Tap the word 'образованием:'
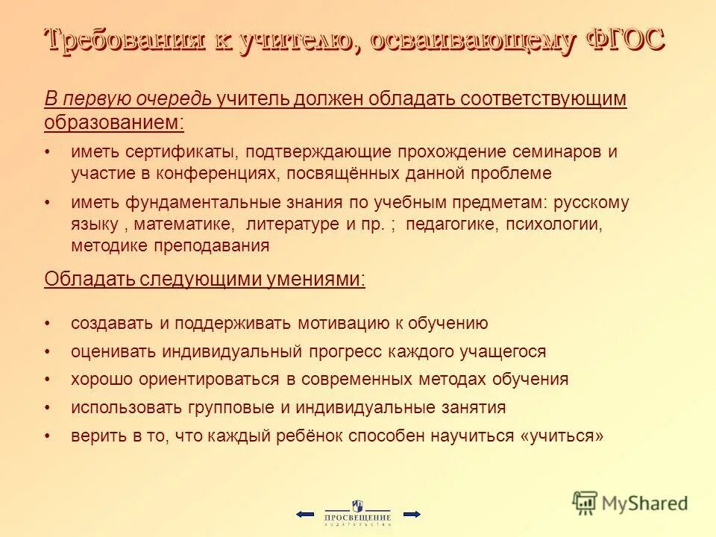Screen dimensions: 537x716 coord(114,121)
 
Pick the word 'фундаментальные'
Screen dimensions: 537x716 coord(195,203)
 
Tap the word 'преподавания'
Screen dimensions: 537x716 coord(221,245)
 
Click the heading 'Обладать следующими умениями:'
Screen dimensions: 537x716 coord(205,279)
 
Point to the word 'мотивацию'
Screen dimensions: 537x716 coord(344,323)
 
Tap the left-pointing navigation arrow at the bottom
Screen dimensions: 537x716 coord(304,514)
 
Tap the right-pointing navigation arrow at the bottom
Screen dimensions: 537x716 coord(412,514)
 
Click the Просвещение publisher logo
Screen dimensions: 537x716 coord(357,513)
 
